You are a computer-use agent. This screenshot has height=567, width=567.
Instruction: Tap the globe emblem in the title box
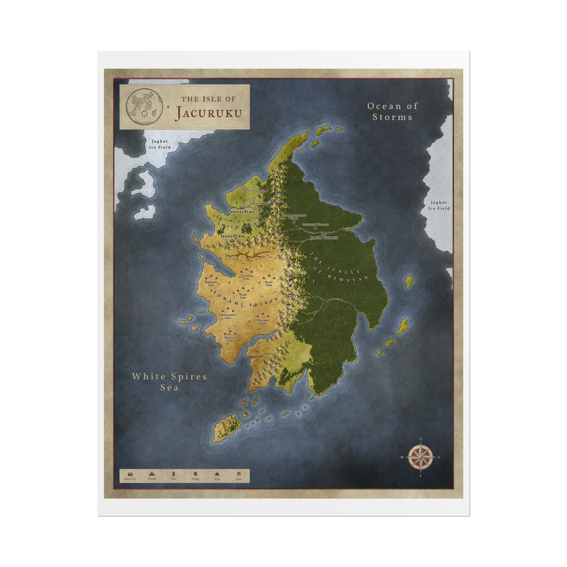145,106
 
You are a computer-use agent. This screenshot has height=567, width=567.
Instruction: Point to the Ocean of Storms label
393,111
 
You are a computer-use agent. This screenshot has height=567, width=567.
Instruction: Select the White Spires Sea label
169,382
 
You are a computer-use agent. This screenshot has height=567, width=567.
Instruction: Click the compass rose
420,458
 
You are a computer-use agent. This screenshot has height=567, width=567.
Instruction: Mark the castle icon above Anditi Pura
242,208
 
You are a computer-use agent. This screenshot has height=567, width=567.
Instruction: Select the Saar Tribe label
243,296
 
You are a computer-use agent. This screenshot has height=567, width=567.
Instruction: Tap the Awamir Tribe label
262,322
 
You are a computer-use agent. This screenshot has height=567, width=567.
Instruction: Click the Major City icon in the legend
131,475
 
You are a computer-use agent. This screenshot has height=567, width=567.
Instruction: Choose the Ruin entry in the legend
239,476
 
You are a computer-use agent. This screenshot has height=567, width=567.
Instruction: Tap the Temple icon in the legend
152,475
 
